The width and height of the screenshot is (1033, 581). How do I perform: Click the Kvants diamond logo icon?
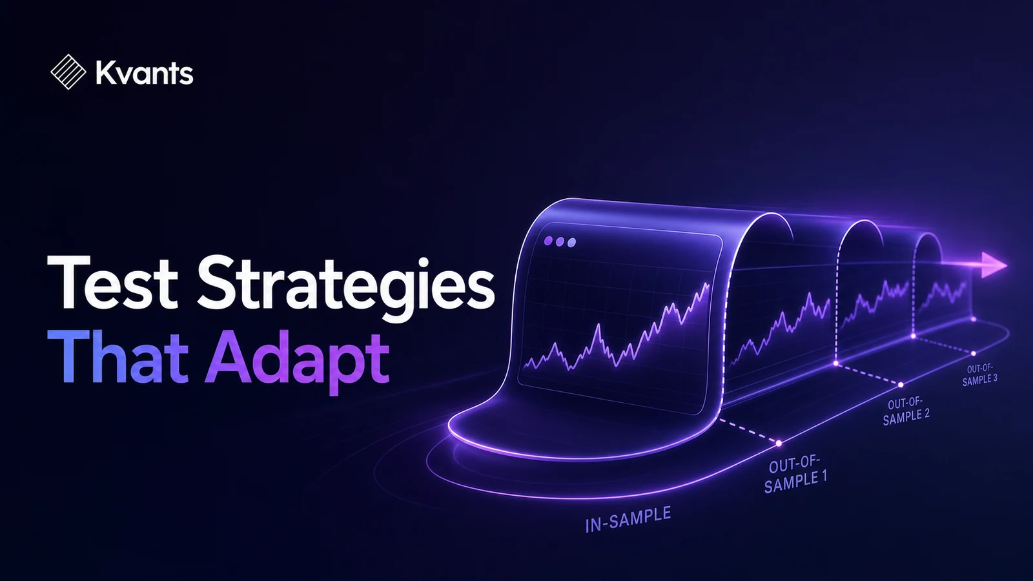click(68, 72)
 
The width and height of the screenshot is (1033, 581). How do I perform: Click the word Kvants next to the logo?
click(145, 74)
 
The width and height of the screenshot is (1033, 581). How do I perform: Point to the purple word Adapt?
click(297, 363)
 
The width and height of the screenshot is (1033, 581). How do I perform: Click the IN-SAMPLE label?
click(628, 520)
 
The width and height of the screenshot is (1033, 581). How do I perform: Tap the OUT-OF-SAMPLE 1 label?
click(795, 474)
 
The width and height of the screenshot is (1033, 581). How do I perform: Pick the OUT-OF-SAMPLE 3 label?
click(979, 375)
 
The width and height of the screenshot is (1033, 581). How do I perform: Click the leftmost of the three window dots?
click(548, 241)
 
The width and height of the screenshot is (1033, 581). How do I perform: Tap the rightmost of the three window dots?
click(571, 243)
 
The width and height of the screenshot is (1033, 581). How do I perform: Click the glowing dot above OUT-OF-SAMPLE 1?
click(779, 443)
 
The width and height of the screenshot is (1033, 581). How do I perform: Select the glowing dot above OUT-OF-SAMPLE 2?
click(901, 385)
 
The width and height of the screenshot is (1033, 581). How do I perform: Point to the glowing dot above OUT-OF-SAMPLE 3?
click(974, 354)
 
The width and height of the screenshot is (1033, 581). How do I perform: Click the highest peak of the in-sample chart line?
click(708, 285)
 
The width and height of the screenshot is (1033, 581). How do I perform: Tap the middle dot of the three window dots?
click(560, 241)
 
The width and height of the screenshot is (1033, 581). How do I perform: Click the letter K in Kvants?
click(105, 74)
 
